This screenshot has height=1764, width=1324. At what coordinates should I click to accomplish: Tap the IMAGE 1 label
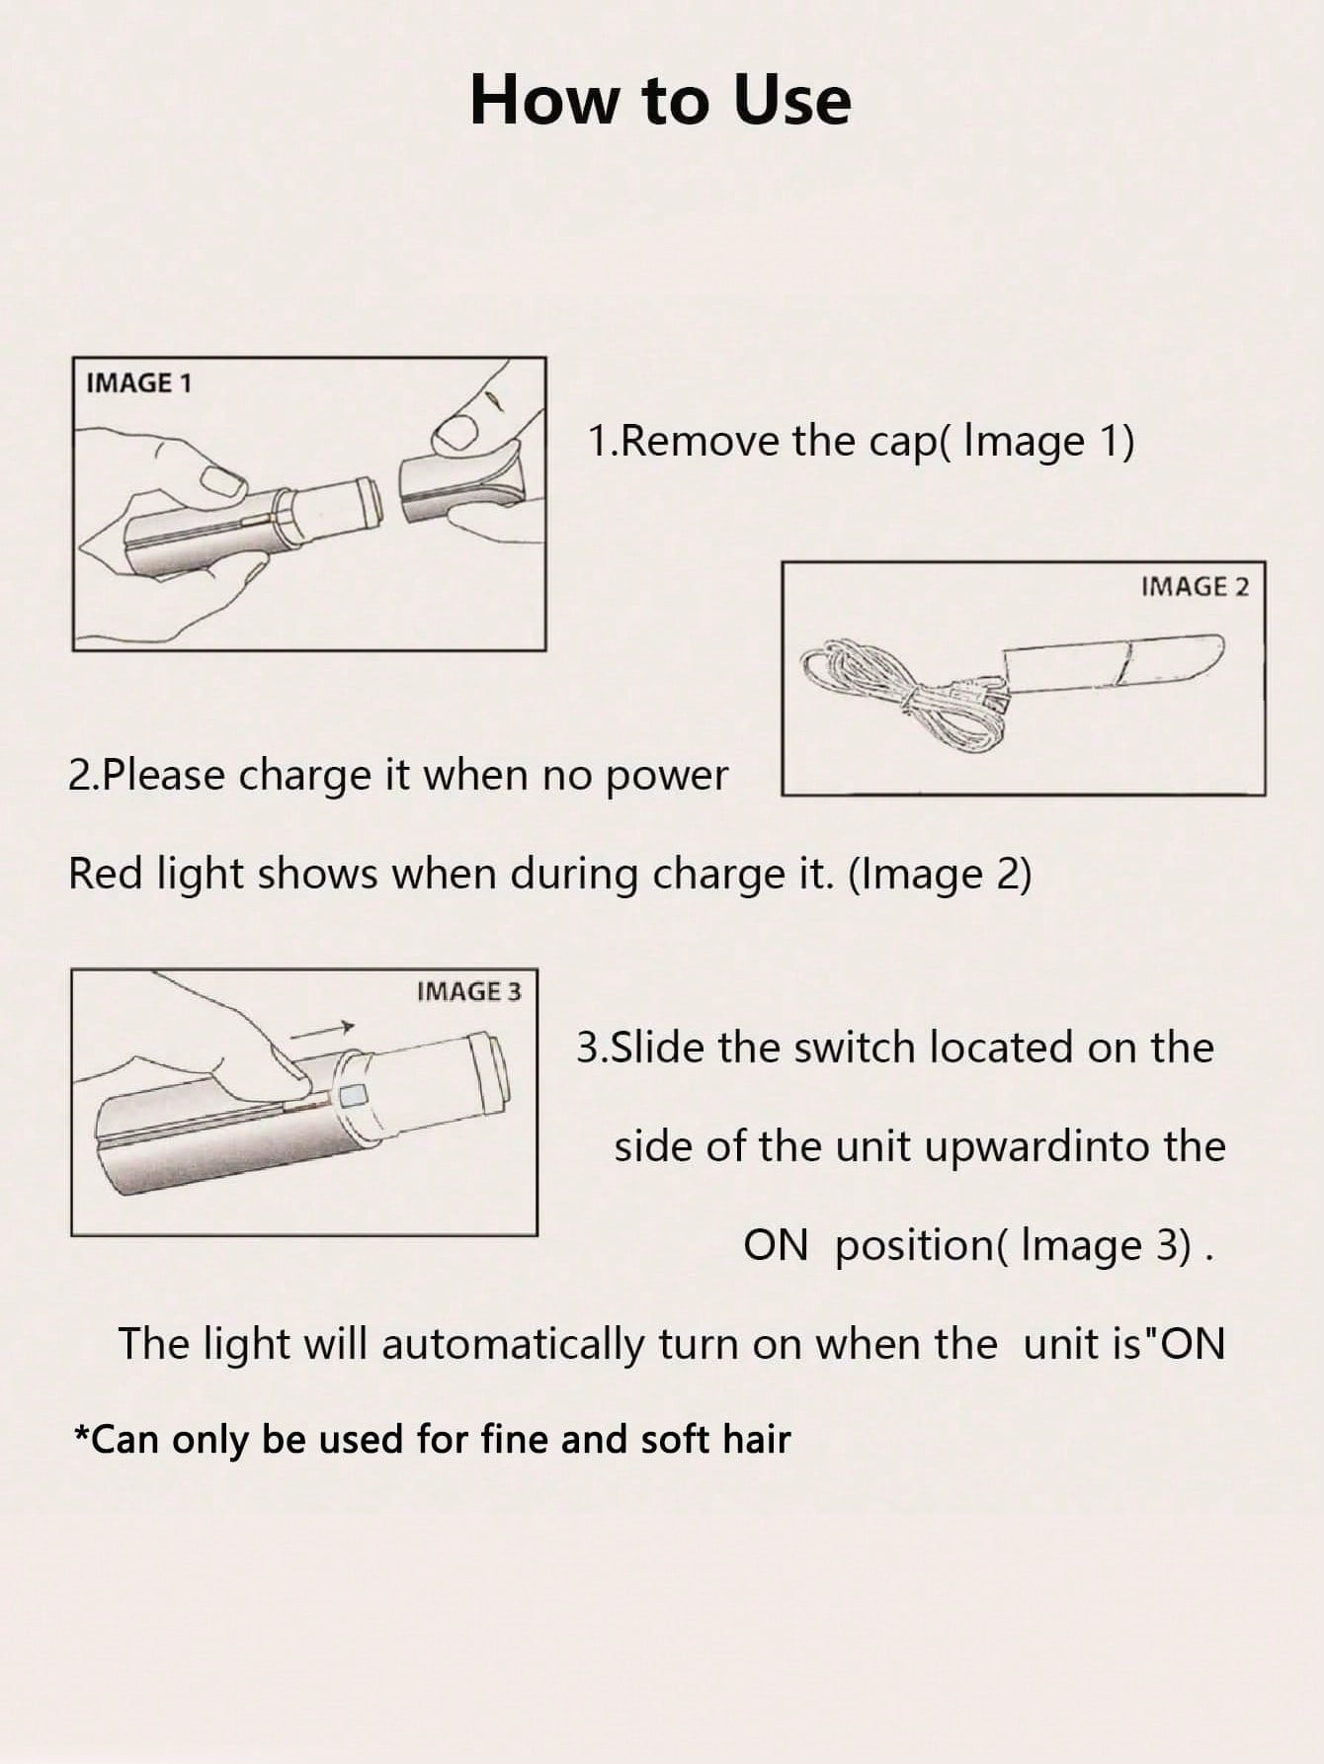138,382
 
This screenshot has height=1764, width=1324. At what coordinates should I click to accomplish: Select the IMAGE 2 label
1194,587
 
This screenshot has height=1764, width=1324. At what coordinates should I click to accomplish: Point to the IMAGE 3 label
467,991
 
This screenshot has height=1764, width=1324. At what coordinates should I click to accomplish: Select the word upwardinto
1014,1147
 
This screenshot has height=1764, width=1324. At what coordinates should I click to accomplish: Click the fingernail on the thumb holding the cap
457,430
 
